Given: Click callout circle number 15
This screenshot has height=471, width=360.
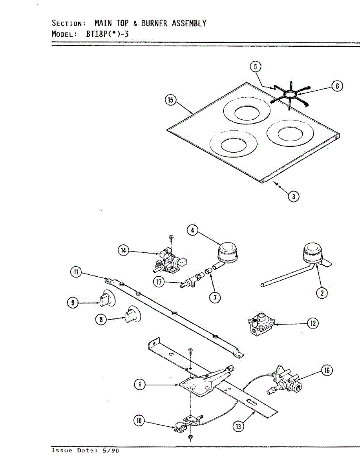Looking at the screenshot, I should coord(170,100).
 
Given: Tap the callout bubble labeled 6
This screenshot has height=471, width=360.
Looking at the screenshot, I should coord(337,86).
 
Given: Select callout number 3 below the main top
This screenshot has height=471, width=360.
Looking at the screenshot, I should coord(293,196).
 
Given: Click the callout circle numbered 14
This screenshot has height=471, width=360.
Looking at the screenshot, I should coord(124,250).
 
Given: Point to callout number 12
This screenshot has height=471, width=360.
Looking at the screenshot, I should coord(313,323).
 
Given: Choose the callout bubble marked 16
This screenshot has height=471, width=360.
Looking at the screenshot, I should coord(327,370).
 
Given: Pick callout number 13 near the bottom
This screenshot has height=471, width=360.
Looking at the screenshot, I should coord(238,425).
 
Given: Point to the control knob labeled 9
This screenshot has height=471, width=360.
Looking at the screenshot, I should coord(106,300).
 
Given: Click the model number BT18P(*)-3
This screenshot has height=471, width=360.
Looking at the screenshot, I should coord(108,34).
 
